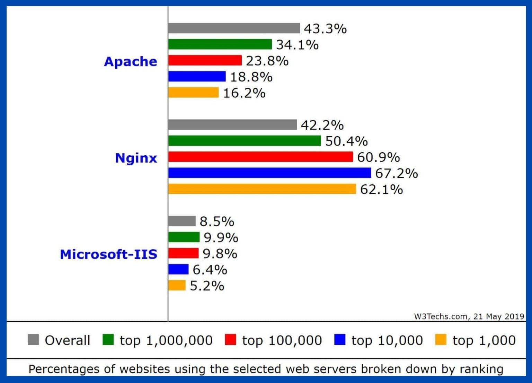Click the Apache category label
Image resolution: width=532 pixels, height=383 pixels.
130,61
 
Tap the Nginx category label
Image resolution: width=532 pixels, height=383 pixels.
136,158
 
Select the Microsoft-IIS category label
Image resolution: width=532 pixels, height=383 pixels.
108,254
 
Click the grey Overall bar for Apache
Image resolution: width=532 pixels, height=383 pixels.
234,28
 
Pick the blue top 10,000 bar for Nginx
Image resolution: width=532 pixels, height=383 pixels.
269,173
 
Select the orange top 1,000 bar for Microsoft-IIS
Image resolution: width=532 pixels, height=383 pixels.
177,285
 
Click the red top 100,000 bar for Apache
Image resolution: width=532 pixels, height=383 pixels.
205,60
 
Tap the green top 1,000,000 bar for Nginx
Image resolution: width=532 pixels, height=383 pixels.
245,141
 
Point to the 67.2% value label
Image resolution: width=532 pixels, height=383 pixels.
397,173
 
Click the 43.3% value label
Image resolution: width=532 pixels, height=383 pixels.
325,29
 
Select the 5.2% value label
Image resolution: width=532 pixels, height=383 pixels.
207,286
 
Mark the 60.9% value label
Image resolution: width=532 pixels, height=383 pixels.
378,157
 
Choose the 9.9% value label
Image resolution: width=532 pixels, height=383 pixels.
221,238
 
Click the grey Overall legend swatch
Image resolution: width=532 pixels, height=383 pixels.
33,340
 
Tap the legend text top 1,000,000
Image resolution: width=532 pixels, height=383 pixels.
166,340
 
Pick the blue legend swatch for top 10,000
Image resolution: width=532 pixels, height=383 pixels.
340,340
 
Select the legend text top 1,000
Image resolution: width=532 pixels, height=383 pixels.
484,340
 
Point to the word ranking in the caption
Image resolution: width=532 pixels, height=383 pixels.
481,369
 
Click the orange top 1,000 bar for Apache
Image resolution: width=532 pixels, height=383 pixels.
193,93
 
